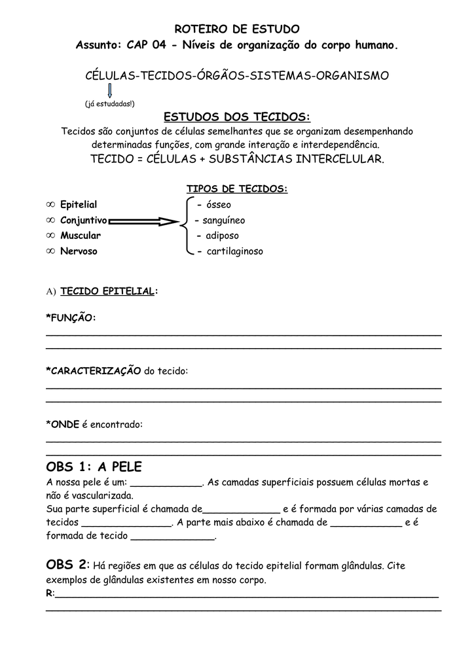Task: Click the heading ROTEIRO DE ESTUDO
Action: (x=237, y=29)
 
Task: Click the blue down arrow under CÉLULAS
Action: (x=110, y=90)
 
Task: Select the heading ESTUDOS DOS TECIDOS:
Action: (x=237, y=117)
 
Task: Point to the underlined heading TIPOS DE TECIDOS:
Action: (x=237, y=189)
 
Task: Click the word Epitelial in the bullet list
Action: (x=79, y=205)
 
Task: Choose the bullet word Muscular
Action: (x=81, y=236)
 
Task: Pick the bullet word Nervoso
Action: (x=79, y=251)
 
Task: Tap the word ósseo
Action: (x=218, y=205)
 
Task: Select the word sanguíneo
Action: (x=223, y=220)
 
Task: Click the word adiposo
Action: (x=222, y=236)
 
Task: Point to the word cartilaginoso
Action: (x=234, y=251)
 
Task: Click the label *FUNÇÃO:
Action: (x=71, y=317)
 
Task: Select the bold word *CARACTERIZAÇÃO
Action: (x=94, y=371)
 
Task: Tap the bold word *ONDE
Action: (x=62, y=425)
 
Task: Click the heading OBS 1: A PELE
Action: (x=94, y=467)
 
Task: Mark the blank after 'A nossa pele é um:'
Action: (x=167, y=484)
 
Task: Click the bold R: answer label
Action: (x=50, y=593)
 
